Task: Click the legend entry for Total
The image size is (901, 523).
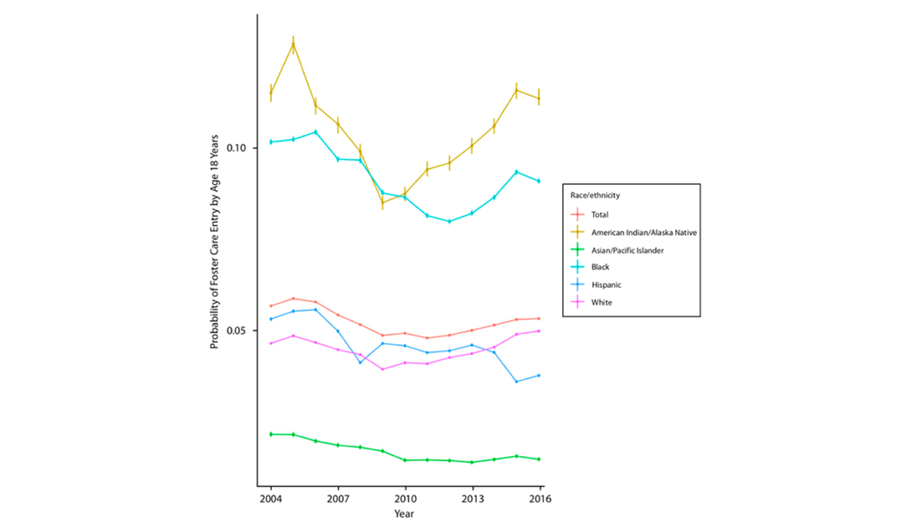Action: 601,214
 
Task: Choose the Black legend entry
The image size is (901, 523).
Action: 601,268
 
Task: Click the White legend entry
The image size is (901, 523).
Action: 603,303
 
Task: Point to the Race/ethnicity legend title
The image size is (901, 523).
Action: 602,195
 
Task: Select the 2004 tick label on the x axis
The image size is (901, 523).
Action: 271,498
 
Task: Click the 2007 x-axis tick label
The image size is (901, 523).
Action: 338,498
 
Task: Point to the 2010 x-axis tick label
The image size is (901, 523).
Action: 406,498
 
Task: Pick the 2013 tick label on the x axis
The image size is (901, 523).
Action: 472,498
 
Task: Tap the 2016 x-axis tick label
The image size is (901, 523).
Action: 538,498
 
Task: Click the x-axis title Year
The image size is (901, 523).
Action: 405,513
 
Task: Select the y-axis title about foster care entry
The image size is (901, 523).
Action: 215,242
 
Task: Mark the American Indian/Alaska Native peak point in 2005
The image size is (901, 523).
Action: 293,44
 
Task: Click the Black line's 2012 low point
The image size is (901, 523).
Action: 450,221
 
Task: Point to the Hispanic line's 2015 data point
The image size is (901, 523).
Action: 516,381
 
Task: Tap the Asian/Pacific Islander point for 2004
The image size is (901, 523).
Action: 271,434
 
